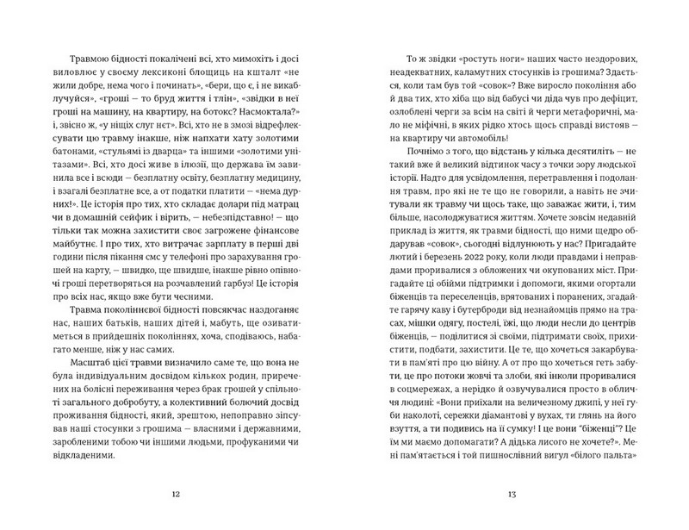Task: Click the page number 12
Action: [177, 494]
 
